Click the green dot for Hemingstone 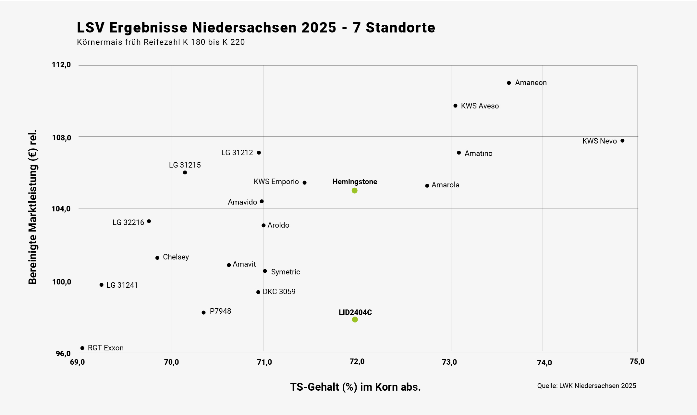pyautogui.click(x=354, y=191)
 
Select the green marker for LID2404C pyautogui.click(x=355, y=320)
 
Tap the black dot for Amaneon pyautogui.click(x=509, y=83)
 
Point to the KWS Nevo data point pyautogui.click(x=622, y=141)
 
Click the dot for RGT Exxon pyautogui.click(x=82, y=348)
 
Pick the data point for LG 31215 pyautogui.click(x=185, y=172)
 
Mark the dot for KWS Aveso pyautogui.click(x=455, y=106)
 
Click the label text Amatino pyautogui.click(x=478, y=153)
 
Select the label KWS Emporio pyautogui.click(x=276, y=182)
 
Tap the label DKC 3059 pyautogui.click(x=279, y=292)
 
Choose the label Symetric pyautogui.click(x=286, y=272)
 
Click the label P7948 pyautogui.click(x=220, y=311)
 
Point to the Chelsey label pyautogui.click(x=176, y=257)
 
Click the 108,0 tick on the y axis pyautogui.click(x=62, y=138)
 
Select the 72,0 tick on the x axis pyautogui.click(x=357, y=362)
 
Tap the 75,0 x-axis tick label pyautogui.click(x=637, y=362)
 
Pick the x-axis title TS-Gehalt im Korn pyautogui.click(x=355, y=387)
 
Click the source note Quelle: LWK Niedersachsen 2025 pyautogui.click(x=586, y=386)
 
